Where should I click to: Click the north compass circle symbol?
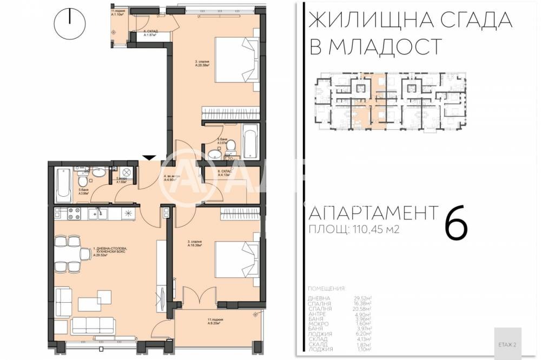coord(70,23)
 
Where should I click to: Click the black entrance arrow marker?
coord(149,157)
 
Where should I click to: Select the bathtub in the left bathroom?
coord(63,184)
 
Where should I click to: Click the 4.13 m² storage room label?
coord(224,174)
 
